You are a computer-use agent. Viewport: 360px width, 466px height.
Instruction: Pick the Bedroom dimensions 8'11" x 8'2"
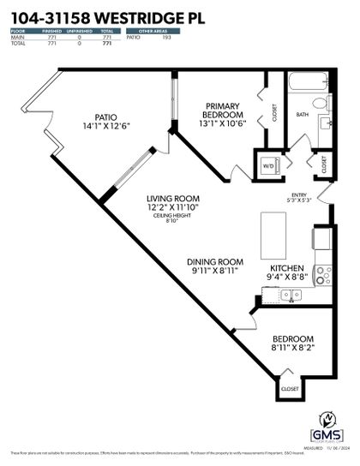[293, 348]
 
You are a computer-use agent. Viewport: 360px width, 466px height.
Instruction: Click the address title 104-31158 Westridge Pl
[100, 15]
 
